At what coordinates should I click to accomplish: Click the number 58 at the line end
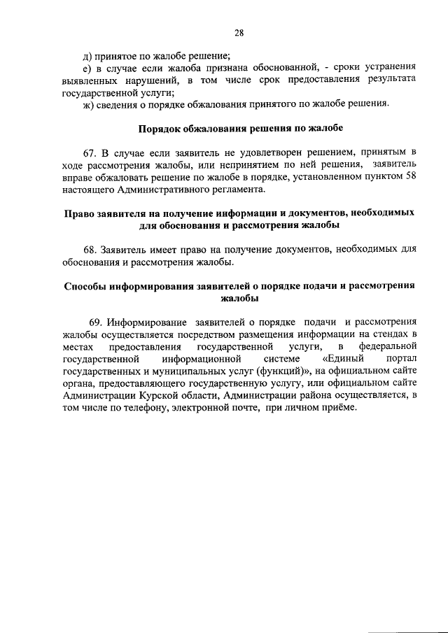[411, 178]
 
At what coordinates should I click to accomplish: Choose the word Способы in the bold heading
[87, 285]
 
